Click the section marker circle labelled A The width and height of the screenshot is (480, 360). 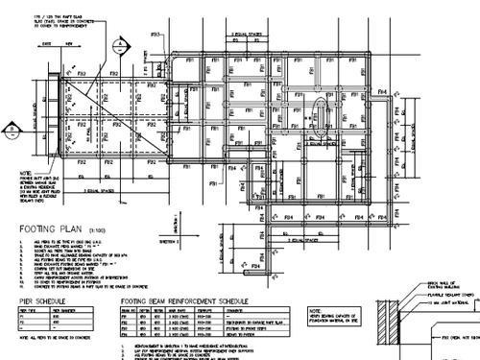point(118,44)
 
